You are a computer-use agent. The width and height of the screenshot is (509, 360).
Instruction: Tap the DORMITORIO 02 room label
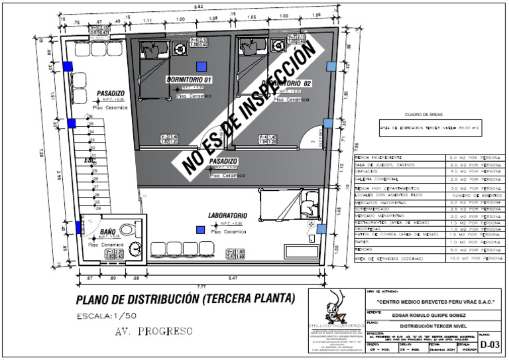(x=286, y=84)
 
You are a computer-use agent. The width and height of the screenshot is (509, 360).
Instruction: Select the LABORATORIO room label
(x=227, y=215)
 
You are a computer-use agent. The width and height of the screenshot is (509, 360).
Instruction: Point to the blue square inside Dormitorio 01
(x=201, y=66)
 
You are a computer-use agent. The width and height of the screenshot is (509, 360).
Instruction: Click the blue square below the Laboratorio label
(x=200, y=229)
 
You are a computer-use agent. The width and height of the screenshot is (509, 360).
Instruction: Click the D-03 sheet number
(x=490, y=345)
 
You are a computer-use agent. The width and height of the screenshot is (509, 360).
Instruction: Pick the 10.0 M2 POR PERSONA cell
(x=475, y=258)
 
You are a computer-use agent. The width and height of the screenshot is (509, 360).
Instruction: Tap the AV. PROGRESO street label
(x=153, y=330)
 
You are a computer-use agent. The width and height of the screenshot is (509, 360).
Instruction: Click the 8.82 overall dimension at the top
(x=198, y=6)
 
